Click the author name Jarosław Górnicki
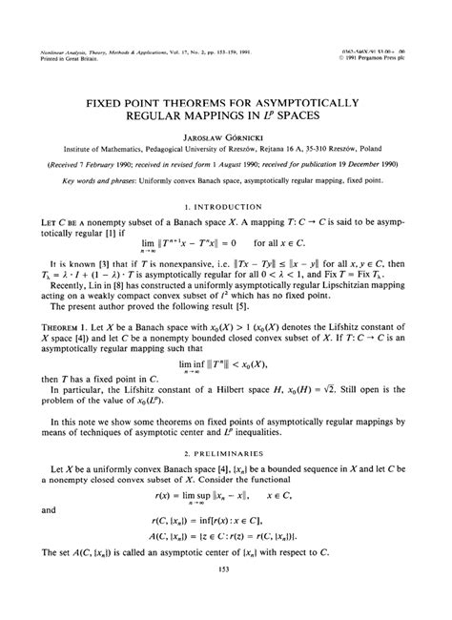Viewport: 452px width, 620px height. [x=226, y=135]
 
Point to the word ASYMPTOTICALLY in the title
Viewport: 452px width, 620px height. [x=303, y=96]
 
